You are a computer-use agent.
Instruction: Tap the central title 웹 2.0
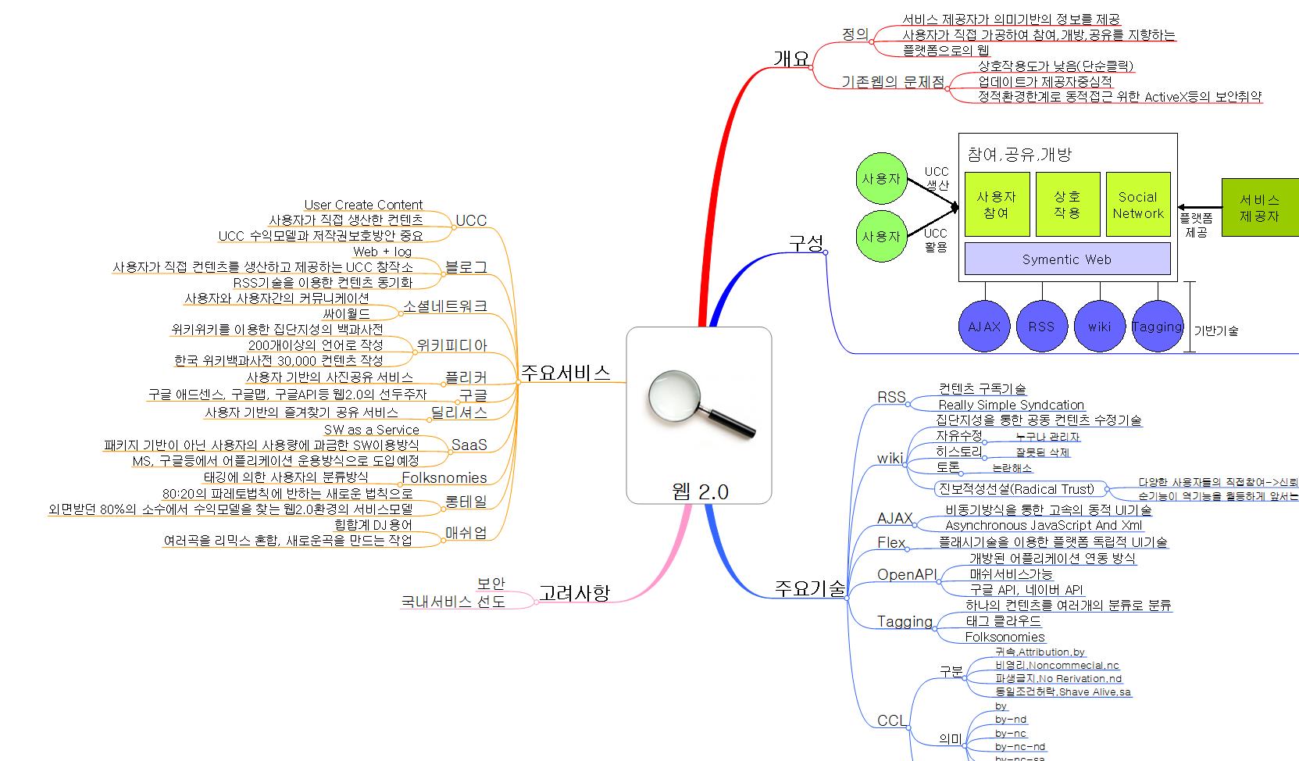point(700,491)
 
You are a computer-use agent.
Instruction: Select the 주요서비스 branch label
point(566,373)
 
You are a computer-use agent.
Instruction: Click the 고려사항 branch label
point(574,593)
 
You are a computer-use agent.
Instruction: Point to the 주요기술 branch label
point(809,588)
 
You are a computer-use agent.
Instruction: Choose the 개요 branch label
point(791,58)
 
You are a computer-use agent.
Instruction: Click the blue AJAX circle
point(984,327)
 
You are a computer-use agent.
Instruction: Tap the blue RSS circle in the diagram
point(1041,327)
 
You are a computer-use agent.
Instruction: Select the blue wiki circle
point(1099,327)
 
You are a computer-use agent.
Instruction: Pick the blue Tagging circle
point(1157,327)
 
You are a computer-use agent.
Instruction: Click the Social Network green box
point(1138,205)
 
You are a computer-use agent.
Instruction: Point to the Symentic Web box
point(1067,259)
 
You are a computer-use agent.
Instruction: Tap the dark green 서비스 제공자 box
point(1259,208)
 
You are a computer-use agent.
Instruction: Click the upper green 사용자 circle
point(881,178)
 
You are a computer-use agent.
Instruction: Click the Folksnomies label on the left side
point(444,477)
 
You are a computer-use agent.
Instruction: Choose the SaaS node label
point(469,445)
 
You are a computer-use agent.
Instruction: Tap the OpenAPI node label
point(906,574)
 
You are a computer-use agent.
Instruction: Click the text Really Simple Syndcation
point(1011,405)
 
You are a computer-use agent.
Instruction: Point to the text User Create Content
point(363,205)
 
